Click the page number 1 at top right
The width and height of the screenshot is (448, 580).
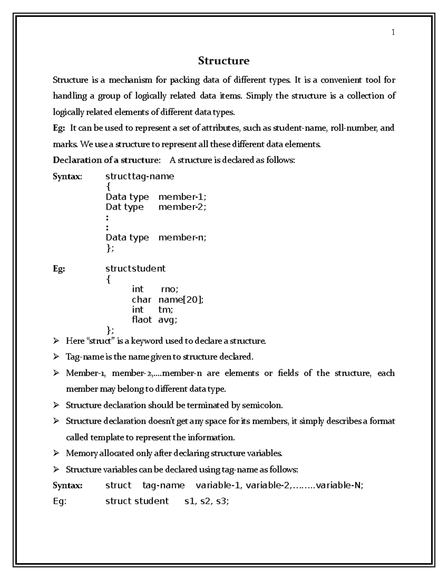pyautogui.click(x=393, y=32)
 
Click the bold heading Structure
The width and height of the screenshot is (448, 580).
pyautogui.click(x=224, y=61)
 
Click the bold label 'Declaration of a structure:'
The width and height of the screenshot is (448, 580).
pyautogui.click(x=106, y=160)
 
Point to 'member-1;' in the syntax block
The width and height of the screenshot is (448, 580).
pyautogui.click(x=182, y=197)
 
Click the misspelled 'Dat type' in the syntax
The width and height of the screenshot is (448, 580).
pyautogui.click(x=125, y=207)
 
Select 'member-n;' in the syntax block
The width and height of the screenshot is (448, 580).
pyautogui.click(x=182, y=238)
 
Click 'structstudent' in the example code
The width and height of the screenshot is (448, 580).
pyautogui.click(x=136, y=269)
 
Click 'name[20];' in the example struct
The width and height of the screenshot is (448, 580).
pyautogui.click(x=181, y=300)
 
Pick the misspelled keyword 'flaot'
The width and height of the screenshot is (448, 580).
pyautogui.click(x=142, y=320)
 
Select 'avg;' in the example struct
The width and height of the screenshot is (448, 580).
pyautogui.click(x=168, y=320)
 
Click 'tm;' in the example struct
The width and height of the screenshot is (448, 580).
pyautogui.click(x=166, y=310)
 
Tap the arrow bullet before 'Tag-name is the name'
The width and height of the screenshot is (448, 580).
pyautogui.click(x=56, y=357)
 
